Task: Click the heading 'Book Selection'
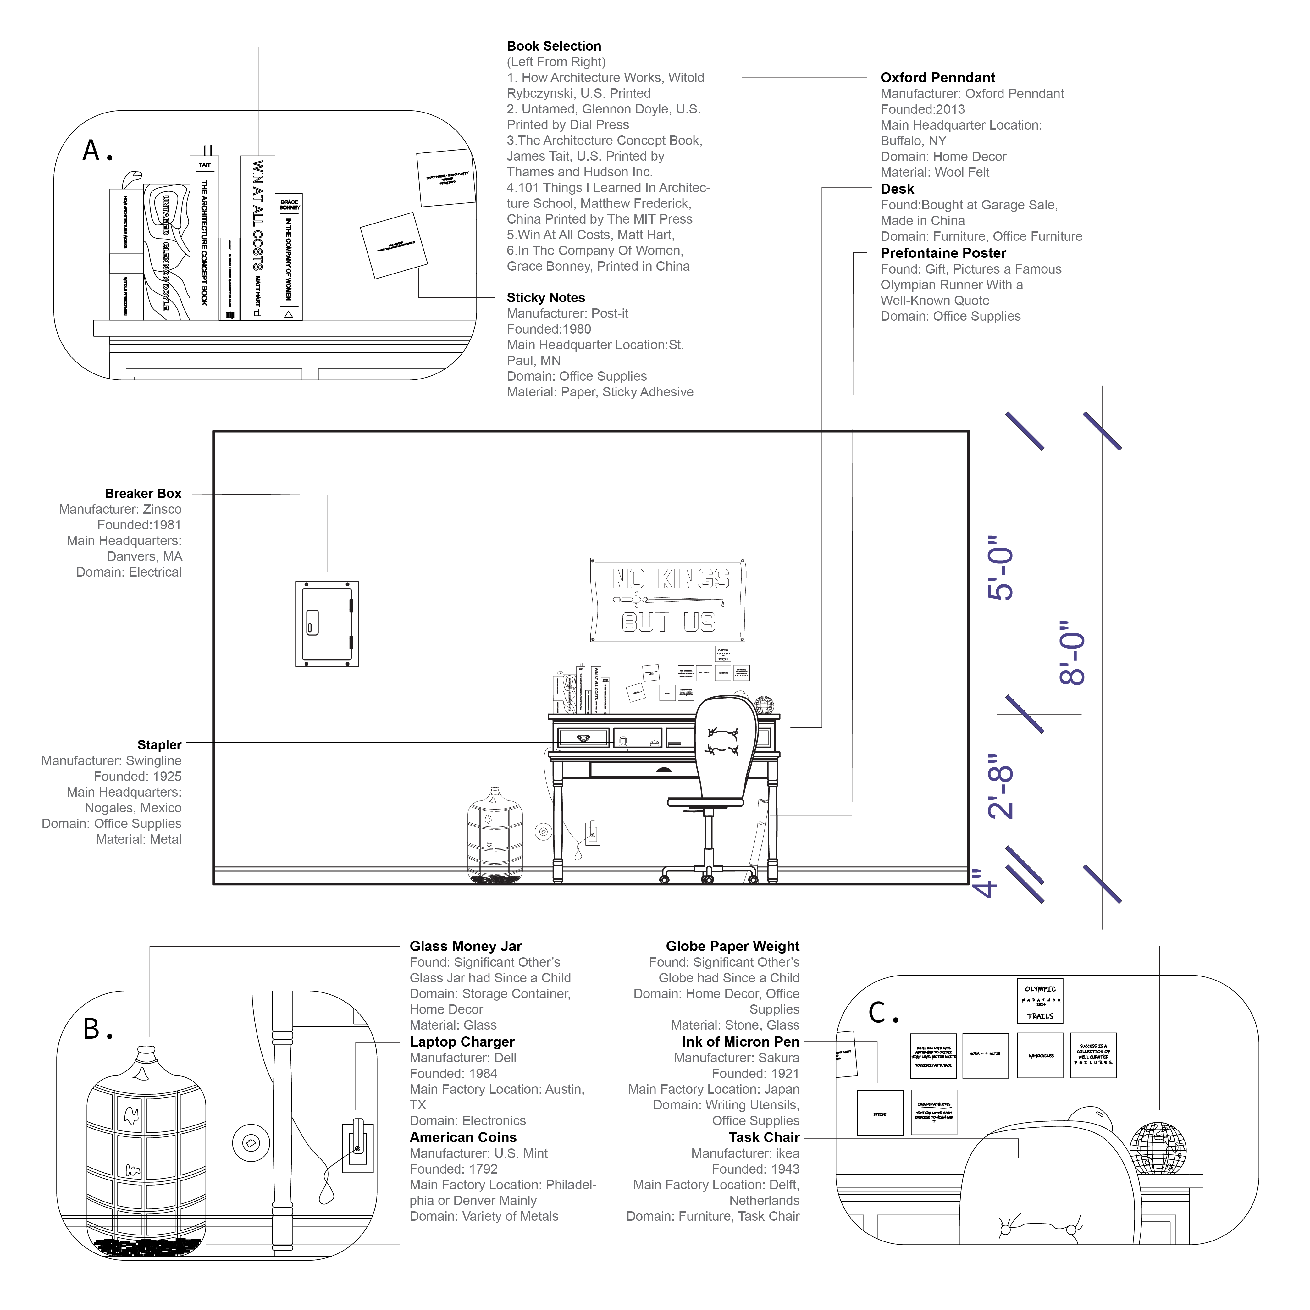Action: [553, 46]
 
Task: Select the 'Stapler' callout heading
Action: [159, 745]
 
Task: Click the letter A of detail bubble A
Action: [91, 151]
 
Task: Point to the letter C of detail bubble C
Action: [877, 1013]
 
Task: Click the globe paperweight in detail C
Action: [1158, 1149]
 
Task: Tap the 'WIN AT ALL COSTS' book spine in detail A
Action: [258, 237]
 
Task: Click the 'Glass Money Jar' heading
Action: [465, 947]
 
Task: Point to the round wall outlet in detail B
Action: [251, 1143]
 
